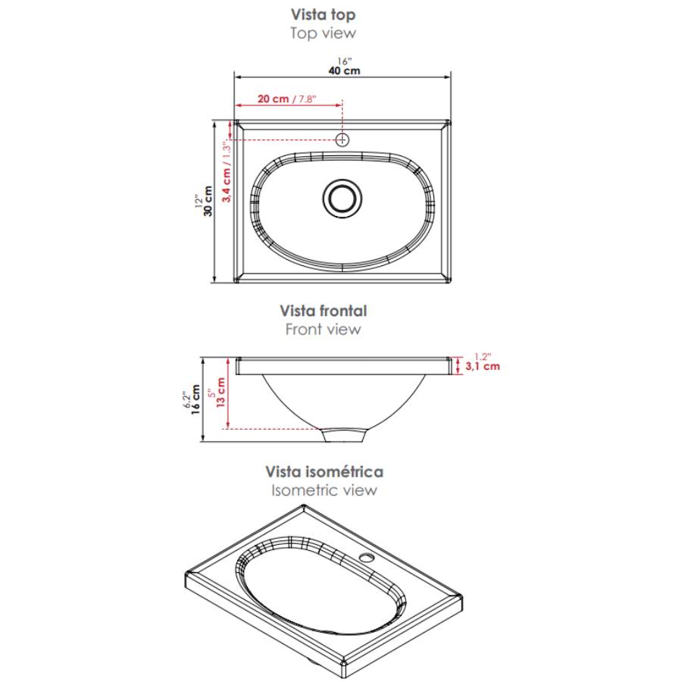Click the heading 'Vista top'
pyautogui.click(x=323, y=14)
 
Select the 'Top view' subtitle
pyautogui.click(x=323, y=33)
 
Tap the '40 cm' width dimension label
pyautogui.click(x=344, y=70)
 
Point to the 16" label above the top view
pyautogui.click(x=345, y=61)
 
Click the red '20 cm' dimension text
pyautogui.click(x=273, y=99)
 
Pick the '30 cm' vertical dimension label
pyautogui.click(x=208, y=201)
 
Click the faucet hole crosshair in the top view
pyautogui.click(x=343, y=139)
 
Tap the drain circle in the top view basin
pyautogui.click(x=343, y=199)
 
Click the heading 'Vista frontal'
pyautogui.click(x=323, y=311)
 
